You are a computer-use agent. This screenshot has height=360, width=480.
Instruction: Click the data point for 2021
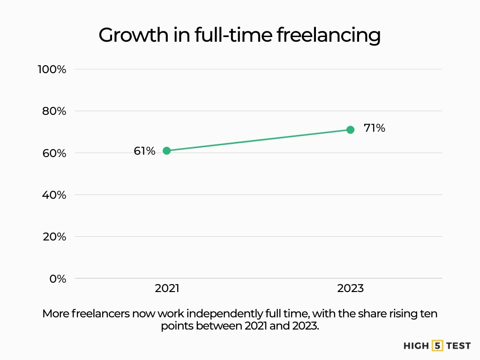pos(166,150)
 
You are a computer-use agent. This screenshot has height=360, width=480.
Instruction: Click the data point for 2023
pos(350,129)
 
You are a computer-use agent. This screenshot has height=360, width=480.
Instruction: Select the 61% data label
pos(144,151)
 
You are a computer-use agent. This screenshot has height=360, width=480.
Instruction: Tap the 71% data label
pos(374,128)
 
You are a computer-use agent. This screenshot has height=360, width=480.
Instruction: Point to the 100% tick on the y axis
pos(52,69)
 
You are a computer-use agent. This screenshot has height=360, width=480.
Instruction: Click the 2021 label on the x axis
pos(167,288)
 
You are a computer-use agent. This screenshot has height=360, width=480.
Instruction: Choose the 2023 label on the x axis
pos(350,288)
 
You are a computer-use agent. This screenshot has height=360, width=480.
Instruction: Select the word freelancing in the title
pos(328,36)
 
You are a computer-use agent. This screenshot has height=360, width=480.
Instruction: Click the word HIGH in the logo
pos(416,346)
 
